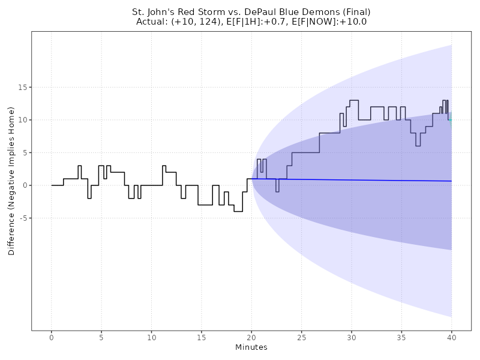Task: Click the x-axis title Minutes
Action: click(251, 348)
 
